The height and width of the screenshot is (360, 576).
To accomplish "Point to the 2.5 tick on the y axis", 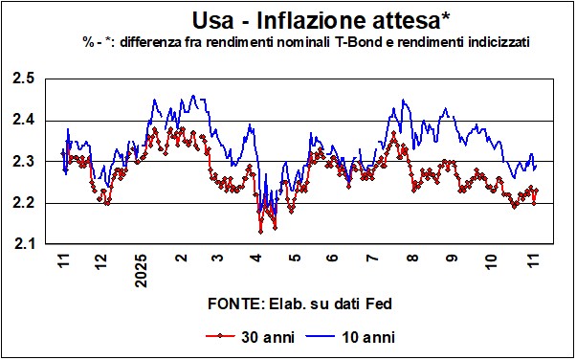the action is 24,79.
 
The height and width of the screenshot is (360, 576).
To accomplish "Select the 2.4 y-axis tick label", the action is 24,121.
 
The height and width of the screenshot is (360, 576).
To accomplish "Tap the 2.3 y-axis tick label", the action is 24,162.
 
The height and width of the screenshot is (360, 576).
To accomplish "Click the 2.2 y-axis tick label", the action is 24,203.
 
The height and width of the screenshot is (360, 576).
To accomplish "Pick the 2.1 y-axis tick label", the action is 24,244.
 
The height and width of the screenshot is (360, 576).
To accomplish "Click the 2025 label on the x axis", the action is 141,270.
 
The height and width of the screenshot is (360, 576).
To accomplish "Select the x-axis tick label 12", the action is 103,261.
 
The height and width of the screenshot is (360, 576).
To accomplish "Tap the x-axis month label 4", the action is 256,257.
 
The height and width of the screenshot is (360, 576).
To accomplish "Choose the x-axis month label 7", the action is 372,257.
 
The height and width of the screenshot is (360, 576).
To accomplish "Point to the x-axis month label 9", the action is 452,257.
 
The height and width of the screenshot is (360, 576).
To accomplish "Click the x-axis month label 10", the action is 492,261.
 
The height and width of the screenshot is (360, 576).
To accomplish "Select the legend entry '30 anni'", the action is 250,336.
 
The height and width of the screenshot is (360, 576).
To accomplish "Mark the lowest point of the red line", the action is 260,232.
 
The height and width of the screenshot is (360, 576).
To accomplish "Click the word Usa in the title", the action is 213,21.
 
